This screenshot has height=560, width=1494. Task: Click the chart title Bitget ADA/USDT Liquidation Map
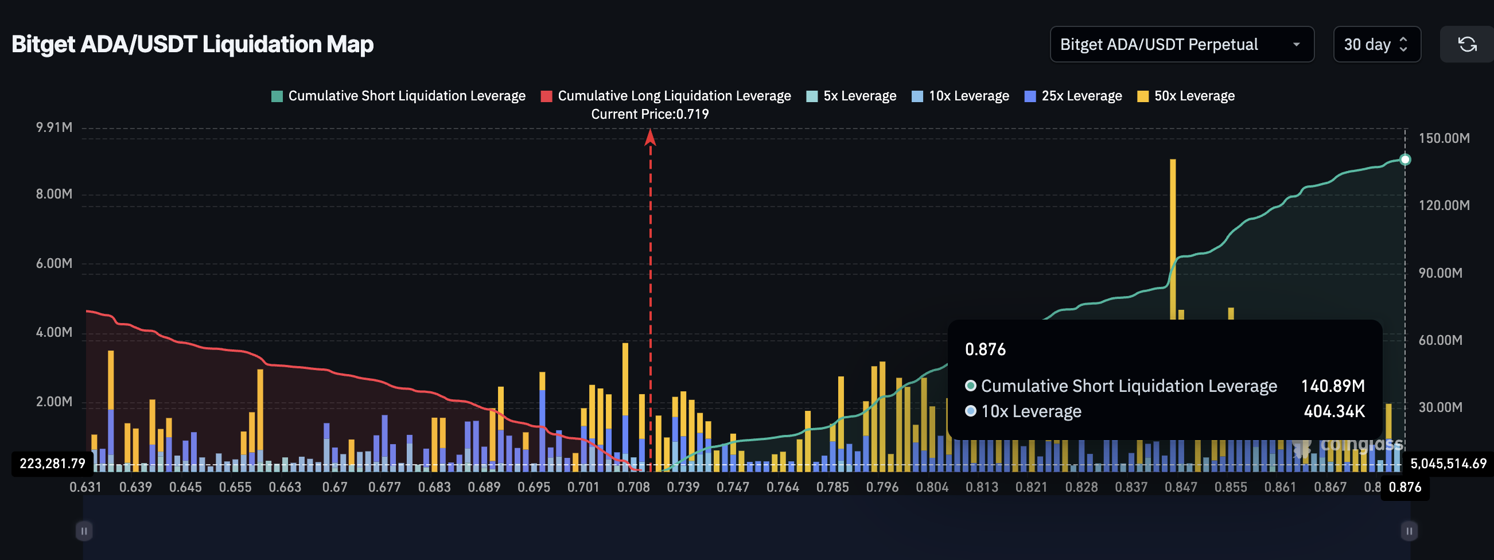click(x=193, y=44)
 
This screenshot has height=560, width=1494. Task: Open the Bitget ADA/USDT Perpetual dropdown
click(x=1181, y=44)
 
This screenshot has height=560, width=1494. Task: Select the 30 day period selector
click(x=1376, y=44)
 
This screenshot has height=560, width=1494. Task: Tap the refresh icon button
click(x=1466, y=44)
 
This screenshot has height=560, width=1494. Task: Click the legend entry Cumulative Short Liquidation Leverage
click(x=398, y=96)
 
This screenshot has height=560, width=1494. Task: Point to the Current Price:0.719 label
click(x=649, y=114)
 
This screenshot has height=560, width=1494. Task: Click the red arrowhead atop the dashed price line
click(x=650, y=137)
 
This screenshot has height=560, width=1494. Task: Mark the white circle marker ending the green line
click(x=1404, y=160)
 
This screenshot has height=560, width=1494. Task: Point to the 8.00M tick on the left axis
click(x=54, y=193)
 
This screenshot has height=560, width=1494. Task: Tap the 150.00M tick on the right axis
click(x=1444, y=138)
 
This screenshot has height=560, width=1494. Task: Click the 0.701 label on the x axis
click(x=583, y=487)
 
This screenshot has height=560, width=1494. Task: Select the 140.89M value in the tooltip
click(x=1332, y=386)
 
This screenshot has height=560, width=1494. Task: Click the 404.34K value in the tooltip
click(x=1333, y=411)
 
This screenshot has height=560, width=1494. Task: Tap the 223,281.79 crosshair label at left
click(x=52, y=463)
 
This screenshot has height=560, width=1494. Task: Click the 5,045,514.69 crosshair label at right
click(x=1448, y=463)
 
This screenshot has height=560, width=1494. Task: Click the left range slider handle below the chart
click(x=84, y=530)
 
